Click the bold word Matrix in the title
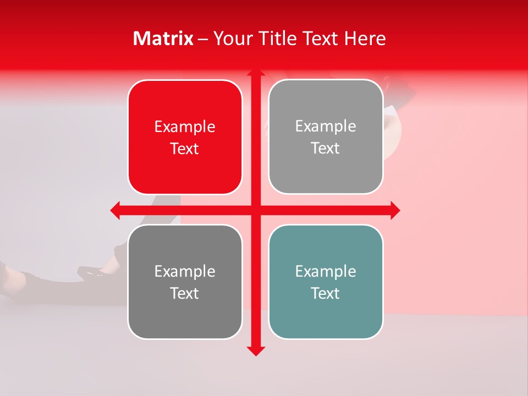point(163,38)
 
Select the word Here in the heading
point(365,38)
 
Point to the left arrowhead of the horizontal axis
point(116,210)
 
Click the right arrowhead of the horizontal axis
point(395,210)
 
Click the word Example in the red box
point(185,127)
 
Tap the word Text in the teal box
point(326,293)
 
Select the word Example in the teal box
point(326,271)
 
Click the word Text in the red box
point(185,149)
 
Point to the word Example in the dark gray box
point(185,271)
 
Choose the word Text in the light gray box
point(326,148)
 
